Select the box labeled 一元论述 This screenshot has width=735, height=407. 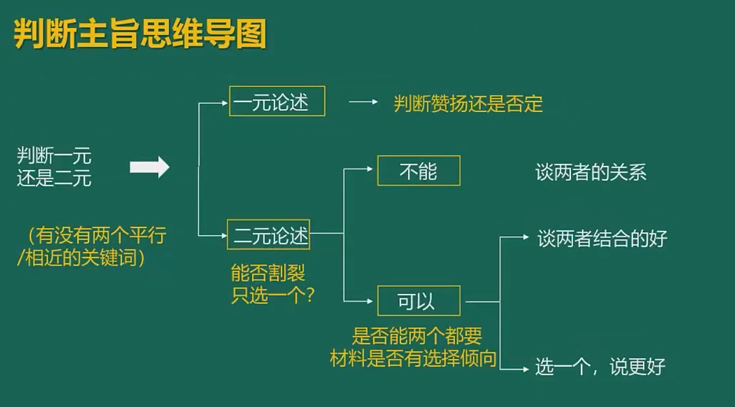coord(277,101)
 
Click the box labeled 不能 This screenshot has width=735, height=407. coord(418,171)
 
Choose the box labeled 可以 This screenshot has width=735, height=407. coord(418,301)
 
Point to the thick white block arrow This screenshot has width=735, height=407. coord(149,168)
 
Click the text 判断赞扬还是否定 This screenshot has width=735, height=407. coord(468,104)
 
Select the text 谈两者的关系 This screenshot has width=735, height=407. coord(591,172)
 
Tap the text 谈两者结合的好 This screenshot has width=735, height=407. coord(603,239)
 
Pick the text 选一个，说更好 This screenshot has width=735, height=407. coord(600,367)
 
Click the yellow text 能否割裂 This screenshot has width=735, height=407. coord(268,273)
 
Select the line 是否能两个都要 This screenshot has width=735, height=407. coord(417,336)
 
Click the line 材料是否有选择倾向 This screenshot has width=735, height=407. coord(413,358)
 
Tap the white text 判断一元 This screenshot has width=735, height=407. coord(54,157)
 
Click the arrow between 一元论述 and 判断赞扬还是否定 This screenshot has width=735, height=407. coord(363,102)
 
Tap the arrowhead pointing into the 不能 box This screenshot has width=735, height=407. coord(369,169)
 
